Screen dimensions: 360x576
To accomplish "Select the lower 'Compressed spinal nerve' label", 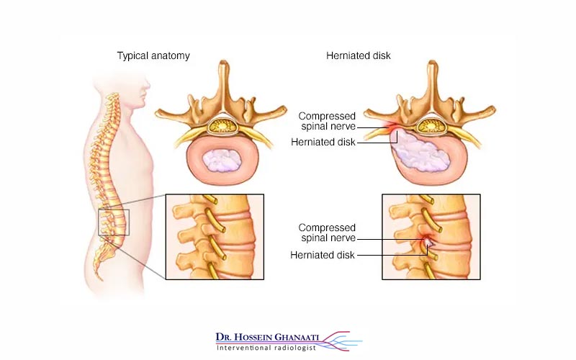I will point(327,233).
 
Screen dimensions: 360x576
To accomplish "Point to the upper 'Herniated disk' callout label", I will point(324,142).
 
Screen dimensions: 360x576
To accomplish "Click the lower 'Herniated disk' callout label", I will point(322,254).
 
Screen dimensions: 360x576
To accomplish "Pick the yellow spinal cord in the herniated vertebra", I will point(430,127).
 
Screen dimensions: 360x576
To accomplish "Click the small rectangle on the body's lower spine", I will point(114,222).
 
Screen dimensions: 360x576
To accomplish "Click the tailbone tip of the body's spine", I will point(102,276).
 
